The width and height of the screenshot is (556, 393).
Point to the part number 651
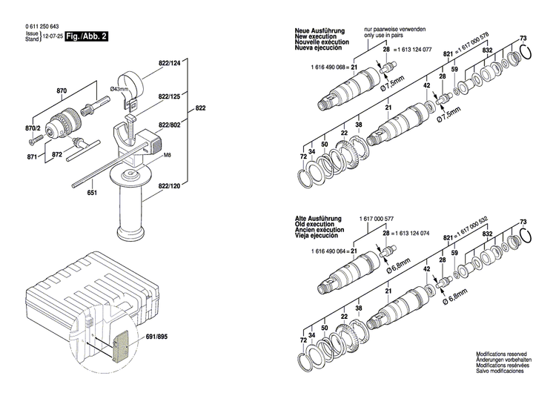92,194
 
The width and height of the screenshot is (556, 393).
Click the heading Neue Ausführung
317,29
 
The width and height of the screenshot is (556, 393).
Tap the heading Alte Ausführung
317,219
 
